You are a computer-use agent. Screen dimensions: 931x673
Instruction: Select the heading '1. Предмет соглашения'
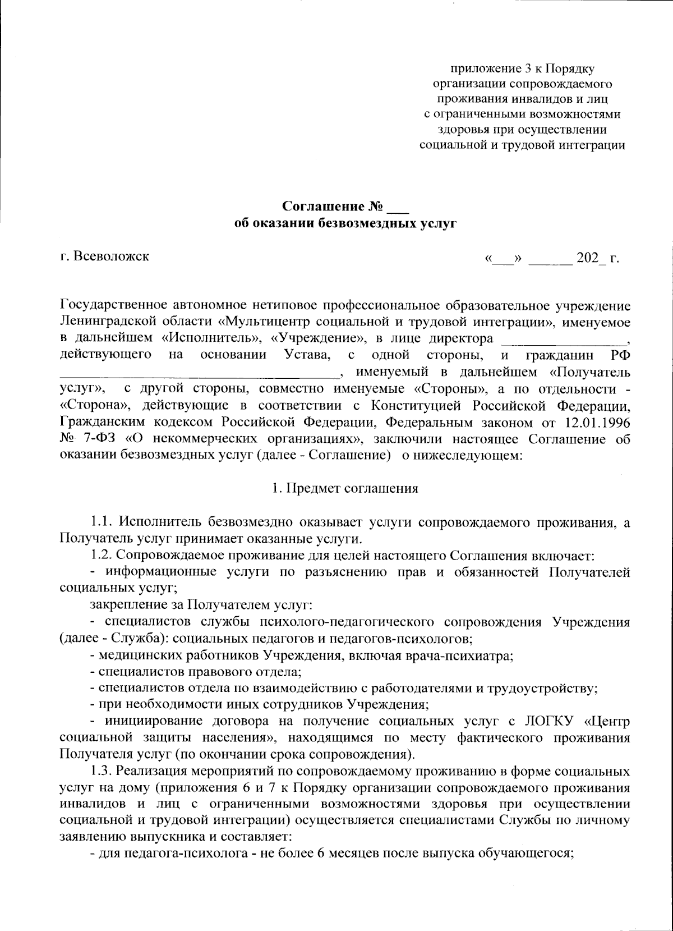click(345, 488)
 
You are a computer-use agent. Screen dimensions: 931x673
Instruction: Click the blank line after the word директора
click(564, 341)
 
